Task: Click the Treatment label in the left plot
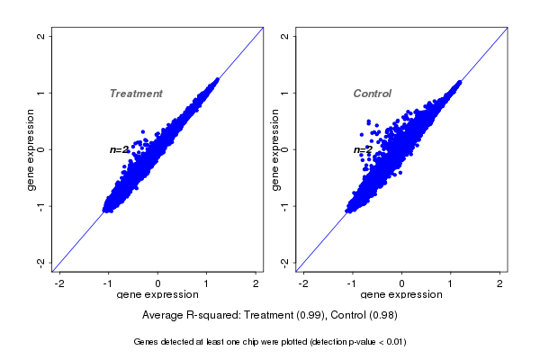[x=136, y=94]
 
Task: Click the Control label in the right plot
[x=373, y=94]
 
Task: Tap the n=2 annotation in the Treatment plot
[x=120, y=149]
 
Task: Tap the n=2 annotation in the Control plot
[x=363, y=149]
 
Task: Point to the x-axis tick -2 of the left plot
[x=60, y=283]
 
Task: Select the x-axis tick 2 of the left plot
[x=256, y=283]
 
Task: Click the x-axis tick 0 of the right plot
[x=402, y=283]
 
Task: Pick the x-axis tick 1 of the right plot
[x=451, y=283]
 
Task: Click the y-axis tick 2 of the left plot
[x=40, y=36]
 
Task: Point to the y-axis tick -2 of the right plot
[x=283, y=262]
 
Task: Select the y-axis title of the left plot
[x=31, y=149]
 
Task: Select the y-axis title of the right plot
[x=274, y=149]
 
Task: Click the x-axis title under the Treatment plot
[x=158, y=294]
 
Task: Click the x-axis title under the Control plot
[x=402, y=294]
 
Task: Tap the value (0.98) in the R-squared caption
[x=382, y=316]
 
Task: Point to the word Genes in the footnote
[x=147, y=342]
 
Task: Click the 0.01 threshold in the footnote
[x=394, y=342]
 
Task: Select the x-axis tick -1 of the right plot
[x=353, y=283]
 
